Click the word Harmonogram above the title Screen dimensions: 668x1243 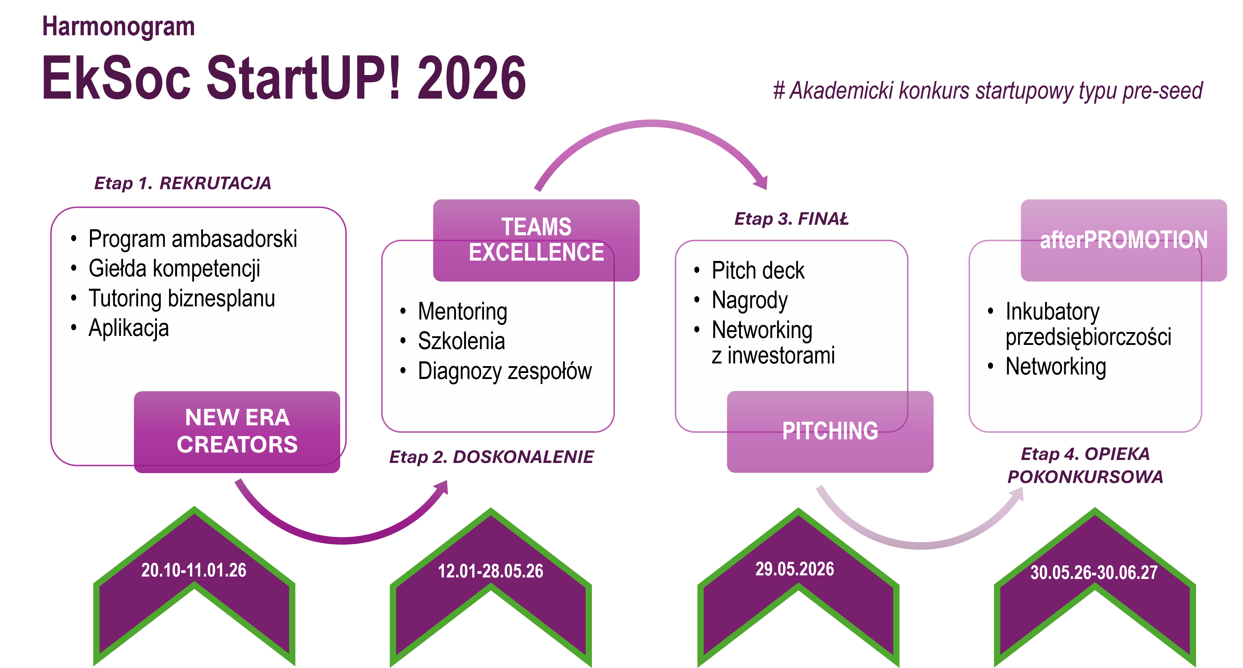pyautogui.click(x=118, y=27)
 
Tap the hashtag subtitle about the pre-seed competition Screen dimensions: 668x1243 pyautogui.click(x=987, y=91)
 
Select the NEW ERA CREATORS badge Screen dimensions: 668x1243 pyautogui.click(x=237, y=431)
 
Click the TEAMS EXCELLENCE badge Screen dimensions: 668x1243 pyautogui.click(x=536, y=240)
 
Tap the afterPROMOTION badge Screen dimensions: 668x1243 pyautogui.click(x=1123, y=240)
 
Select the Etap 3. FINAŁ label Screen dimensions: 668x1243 pyautogui.click(x=791, y=219)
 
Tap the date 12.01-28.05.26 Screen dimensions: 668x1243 pyautogui.click(x=490, y=571)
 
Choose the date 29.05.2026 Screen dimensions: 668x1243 pyautogui.click(x=794, y=569)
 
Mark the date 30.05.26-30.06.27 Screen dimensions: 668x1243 pyautogui.click(x=1094, y=572)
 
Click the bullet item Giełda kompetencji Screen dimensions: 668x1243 pyautogui.click(x=174, y=269)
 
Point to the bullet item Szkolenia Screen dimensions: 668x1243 pyautogui.click(x=461, y=341)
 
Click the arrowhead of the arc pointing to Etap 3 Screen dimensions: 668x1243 pyautogui.click(x=762, y=183)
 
